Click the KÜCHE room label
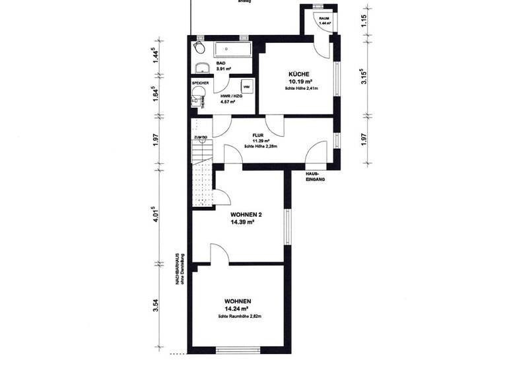click(x=299, y=74)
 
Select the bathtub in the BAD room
click(x=232, y=48)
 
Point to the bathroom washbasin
click(x=201, y=67)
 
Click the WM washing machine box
click(x=245, y=87)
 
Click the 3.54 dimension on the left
click(x=155, y=305)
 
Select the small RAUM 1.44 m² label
click(x=324, y=20)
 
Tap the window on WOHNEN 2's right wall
click(x=288, y=221)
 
